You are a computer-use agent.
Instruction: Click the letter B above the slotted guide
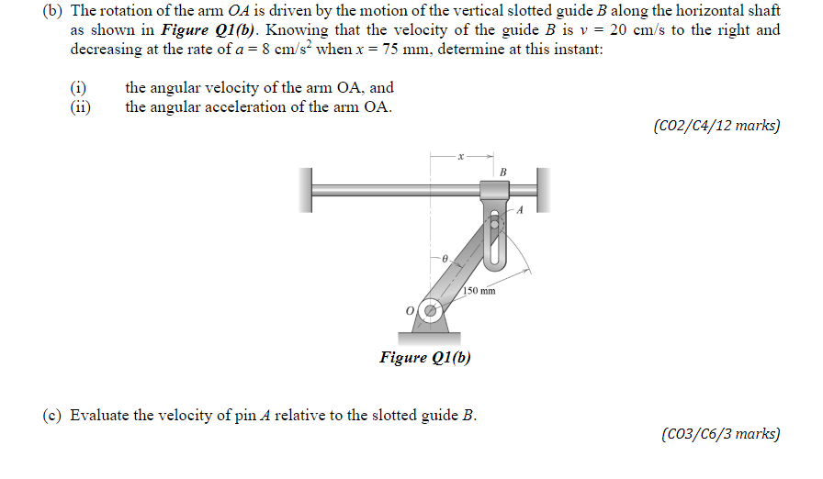coord(503,172)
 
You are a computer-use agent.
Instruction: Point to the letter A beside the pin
coord(519,209)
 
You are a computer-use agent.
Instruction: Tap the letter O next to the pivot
coord(411,311)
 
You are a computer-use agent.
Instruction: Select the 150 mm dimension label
coord(479,291)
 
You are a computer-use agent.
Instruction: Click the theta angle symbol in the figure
coord(445,261)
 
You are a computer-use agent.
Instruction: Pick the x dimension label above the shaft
coord(463,157)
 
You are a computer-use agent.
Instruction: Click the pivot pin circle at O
coord(428,311)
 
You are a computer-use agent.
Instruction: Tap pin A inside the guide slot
coord(495,221)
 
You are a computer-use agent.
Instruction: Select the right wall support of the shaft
coord(543,191)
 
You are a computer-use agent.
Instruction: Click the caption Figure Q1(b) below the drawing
coord(425,357)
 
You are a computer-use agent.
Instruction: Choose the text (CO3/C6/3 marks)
coord(720,433)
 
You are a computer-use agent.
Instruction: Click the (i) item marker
coord(78,88)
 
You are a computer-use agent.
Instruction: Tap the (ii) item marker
coord(80,106)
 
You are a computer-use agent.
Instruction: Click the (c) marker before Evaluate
coord(51,415)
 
